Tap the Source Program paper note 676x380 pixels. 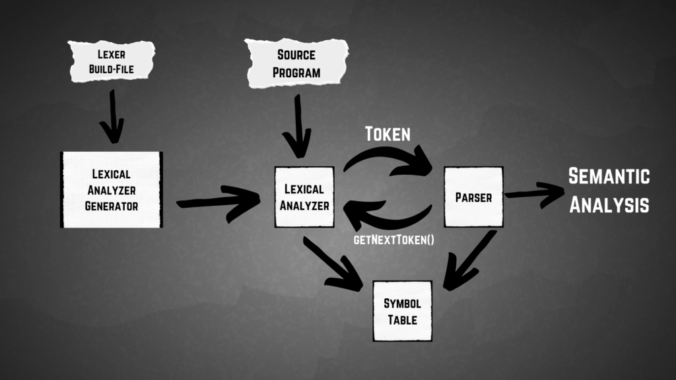[x=296, y=63]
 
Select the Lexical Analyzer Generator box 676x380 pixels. [x=112, y=190]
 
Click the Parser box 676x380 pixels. [x=473, y=197]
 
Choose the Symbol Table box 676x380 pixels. [x=402, y=311]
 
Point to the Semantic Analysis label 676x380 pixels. [x=609, y=190]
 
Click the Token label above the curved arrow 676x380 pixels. [x=388, y=135]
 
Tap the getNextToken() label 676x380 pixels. [x=394, y=238]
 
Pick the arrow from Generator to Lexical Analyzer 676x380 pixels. [x=219, y=198]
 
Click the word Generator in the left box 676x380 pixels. [x=112, y=205]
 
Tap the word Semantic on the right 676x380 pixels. [x=609, y=177]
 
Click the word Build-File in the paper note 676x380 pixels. [x=112, y=69]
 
